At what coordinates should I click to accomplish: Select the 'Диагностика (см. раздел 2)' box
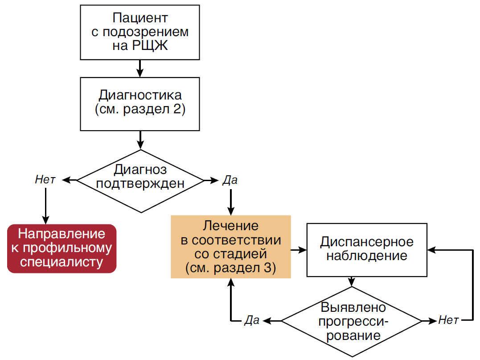pos(140,103)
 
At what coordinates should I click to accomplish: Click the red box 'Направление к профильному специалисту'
pos(62,248)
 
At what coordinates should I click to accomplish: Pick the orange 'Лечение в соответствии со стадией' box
pos(230,247)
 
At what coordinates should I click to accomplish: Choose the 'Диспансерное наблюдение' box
pos(366,249)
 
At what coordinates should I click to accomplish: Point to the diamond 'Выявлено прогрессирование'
pos(351,321)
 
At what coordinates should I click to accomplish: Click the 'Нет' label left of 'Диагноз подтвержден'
pos(45,180)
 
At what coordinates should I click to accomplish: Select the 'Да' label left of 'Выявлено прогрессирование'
pos(252,321)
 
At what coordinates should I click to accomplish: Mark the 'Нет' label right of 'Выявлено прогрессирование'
pos(448,320)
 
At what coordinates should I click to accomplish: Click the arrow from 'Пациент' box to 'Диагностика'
pos(140,68)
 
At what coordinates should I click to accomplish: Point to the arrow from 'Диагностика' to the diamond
pos(140,140)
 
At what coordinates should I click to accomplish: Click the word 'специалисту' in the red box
pos(62,262)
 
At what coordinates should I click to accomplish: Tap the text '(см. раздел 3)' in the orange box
pos(230,268)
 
